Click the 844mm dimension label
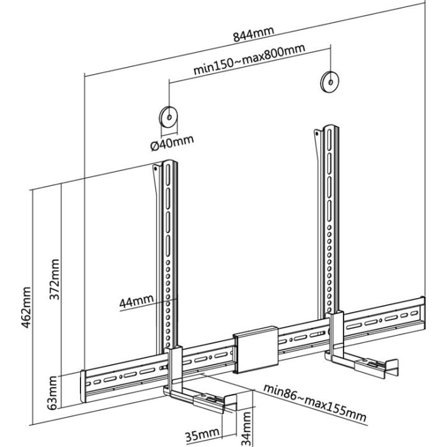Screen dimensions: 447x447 coord(254,34)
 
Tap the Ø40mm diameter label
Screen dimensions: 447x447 coord(172,142)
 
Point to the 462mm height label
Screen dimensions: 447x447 coord(26,307)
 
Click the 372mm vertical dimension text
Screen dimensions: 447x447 coord(54,280)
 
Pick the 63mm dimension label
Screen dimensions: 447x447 coord(52,393)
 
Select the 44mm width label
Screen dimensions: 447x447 coord(136,301)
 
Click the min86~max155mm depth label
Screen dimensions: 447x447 coord(315,402)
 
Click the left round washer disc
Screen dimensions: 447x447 coord(168,117)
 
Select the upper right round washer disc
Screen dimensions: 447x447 coord(330,82)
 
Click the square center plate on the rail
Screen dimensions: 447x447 coord(255,349)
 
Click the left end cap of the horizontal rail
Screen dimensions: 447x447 coord(82,386)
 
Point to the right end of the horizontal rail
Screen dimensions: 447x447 coord(423,313)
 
